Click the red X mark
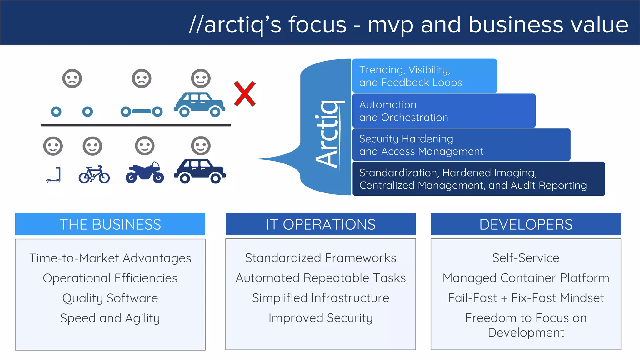(x=245, y=94)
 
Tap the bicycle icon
(x=94, y=175)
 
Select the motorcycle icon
(x=145, y=173)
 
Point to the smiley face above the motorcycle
(x=145, y=146)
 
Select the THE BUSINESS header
(x=110, y=224)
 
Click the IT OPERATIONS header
(x=321, y=224)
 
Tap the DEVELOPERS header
(x=526, y=224)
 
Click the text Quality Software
(x=110, y=298)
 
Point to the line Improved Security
(x=321, y=318)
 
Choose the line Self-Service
(x=526, y=258)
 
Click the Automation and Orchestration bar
(x=444, y=111)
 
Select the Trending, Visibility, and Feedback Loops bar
(x=424, y=76)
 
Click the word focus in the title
(x=317, y=25)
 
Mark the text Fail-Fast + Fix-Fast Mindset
(x=526, y=298)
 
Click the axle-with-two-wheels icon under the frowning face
(x=142, y=111)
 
